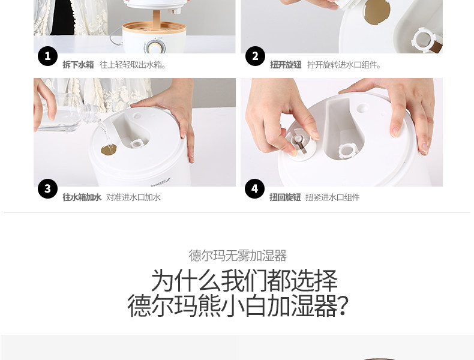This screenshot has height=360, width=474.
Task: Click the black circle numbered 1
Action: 47,56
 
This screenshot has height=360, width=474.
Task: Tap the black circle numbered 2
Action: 255,56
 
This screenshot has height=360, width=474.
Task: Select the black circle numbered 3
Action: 47,188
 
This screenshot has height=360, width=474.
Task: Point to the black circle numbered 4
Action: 254,188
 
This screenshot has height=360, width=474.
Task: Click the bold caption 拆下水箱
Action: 78,65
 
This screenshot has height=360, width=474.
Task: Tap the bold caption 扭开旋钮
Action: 286,65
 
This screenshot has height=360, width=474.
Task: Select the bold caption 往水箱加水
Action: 82,197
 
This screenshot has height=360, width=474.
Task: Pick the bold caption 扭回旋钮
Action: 285,197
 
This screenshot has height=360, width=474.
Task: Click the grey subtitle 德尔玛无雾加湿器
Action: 238,256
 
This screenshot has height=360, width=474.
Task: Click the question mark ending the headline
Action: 343,305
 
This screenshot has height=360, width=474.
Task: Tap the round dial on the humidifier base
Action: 154,48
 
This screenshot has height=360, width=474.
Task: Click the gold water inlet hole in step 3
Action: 109,149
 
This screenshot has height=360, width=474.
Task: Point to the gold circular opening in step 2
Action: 377,11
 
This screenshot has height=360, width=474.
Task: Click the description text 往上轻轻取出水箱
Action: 133,65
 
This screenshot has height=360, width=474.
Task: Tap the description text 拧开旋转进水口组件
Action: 344,65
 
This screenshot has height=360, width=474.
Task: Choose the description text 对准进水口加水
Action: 133,197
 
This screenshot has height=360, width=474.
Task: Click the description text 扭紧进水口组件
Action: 332,197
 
